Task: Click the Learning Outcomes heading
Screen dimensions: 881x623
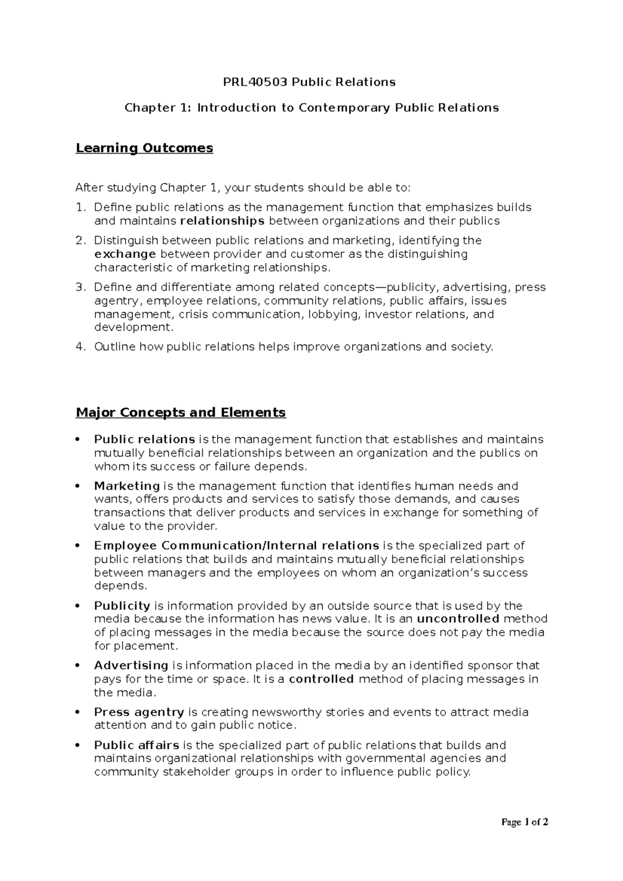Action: [144, 148]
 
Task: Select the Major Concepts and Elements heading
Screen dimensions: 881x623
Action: [181, 412]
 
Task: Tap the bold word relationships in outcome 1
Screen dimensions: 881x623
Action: [222, 221]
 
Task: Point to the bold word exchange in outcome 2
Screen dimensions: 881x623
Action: [125, 254]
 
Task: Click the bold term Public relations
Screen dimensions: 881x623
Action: [144, 439]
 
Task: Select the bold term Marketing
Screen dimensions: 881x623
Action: [127, 486]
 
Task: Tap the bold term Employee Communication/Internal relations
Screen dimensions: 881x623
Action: [236, 546]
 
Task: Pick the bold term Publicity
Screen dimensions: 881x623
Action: [122, 606]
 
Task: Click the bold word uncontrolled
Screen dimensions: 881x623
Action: [458, 619]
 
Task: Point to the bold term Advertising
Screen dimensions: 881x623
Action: [131, 666]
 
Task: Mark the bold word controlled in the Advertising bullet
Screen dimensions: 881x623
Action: [321, 679]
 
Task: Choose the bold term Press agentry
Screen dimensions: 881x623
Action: [139, 712]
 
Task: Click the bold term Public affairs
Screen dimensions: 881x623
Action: [137, 746]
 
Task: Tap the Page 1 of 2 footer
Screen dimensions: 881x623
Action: [525, 822]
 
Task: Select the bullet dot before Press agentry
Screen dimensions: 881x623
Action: [78, 712]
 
